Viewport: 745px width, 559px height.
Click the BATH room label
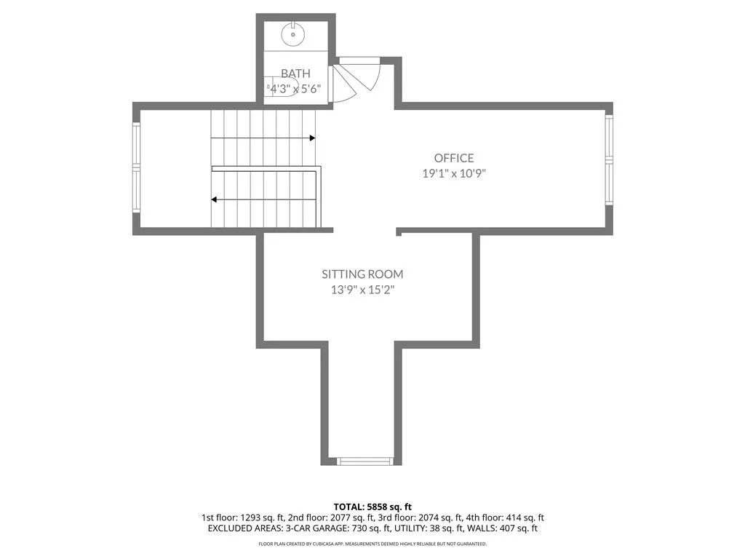click(x=295, y=74)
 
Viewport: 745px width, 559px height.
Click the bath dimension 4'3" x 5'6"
click(x=296, y=88)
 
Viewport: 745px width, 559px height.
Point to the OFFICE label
click(x=454, y=158)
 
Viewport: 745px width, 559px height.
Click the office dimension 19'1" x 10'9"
click(x=454, y=173)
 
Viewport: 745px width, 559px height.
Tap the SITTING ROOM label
click(x=362, y=274)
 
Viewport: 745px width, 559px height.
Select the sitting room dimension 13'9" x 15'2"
click(x=362, y=290)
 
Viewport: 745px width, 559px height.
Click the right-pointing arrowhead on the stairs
click(x=311, y=138)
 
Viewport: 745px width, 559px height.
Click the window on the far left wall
click(x=135, y=167)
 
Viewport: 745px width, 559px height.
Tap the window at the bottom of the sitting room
click(x=365, y=460)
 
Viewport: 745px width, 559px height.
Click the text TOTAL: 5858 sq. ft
click(x=372, y=507)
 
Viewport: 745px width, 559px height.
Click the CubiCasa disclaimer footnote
click(x=372, y=544)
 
